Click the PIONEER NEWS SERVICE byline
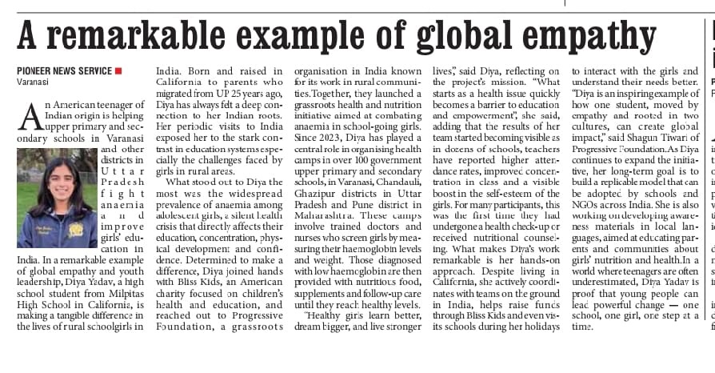pyautogui.click(x=64, y=71)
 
